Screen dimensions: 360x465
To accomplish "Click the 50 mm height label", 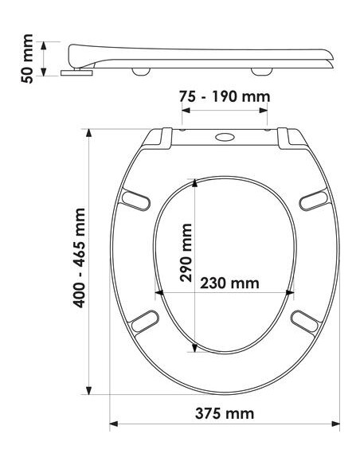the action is tap(27, 59).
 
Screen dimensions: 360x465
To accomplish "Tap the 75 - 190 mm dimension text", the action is tap(225, 96).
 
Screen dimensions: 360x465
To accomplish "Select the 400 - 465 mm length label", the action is tap(79, 258).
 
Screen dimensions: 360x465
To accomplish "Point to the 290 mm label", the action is tap(186, 252).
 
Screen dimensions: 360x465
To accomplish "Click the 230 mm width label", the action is tap(229, 283).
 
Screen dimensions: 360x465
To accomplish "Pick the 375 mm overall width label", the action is tap(225, 413).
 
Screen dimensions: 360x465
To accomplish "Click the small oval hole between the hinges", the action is tap(225, 137).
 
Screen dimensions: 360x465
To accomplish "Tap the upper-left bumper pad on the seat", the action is tap(136, 201).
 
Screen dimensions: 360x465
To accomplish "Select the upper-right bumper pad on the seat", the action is tap(314, 201).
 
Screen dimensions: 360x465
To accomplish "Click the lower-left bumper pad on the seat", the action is tap(145, 321).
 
